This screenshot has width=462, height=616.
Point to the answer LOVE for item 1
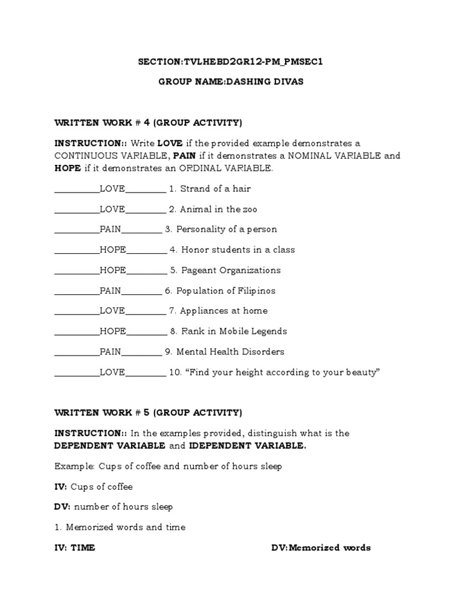pyautogui.click(x=112, y=189)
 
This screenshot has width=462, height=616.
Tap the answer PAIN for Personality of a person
pyautogui.click(x=111, y=230)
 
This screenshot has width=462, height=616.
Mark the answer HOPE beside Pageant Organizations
pyautogui.click(x=113, y=270)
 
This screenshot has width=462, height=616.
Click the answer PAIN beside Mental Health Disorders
pyautogui.click(x=111, y=352)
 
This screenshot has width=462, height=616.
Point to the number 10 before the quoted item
pyautogui.click(x=174, y=372)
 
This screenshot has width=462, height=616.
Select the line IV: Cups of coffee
pyautogui.click(x=93, y=487)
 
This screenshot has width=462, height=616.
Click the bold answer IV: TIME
pyautogui.click(x=75, y=548)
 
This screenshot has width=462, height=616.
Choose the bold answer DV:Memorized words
pyautogui.click(x=321, y=548)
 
